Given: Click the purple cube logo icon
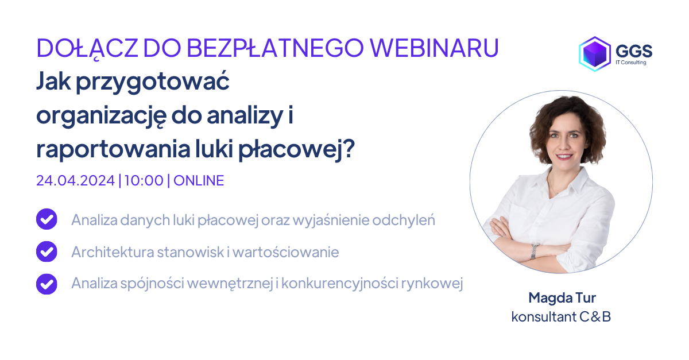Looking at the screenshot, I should click(594, 54).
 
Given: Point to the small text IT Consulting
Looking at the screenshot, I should click(630, 63).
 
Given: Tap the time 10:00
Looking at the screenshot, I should click(143, 180).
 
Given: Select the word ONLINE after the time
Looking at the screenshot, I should click(199, 180).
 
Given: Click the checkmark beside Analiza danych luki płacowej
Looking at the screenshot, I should click(47, 220).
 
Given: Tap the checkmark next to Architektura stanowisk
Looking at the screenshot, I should click(47, 251).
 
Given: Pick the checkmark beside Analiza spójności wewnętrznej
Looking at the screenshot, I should click(47, 284).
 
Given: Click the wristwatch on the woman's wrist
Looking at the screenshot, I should click(535, 250).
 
